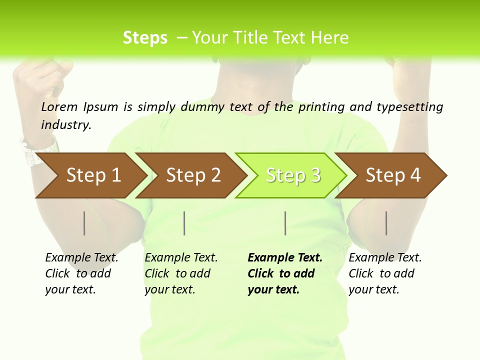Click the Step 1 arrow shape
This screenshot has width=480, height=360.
click(92, 175)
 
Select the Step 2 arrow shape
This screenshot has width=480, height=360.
click(192, 175)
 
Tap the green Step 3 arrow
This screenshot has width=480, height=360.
click(292, 175)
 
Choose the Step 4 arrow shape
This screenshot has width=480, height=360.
click(392, 175)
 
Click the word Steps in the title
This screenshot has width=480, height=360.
click(145, 38)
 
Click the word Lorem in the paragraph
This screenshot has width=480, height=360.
click(59, 107)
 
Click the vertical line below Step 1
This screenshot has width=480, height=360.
click(84, 223)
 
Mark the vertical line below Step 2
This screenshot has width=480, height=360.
click(184, 223)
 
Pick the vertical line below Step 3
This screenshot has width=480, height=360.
click(285, 223)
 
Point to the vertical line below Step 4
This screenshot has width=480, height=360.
click(386, 223)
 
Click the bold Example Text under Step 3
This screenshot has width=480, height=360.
click(285, 258)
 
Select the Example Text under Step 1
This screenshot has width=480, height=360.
click(81, 258)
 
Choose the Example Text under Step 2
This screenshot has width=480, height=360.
click(181, 258)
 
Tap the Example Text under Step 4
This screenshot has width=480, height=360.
click(385, 258)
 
